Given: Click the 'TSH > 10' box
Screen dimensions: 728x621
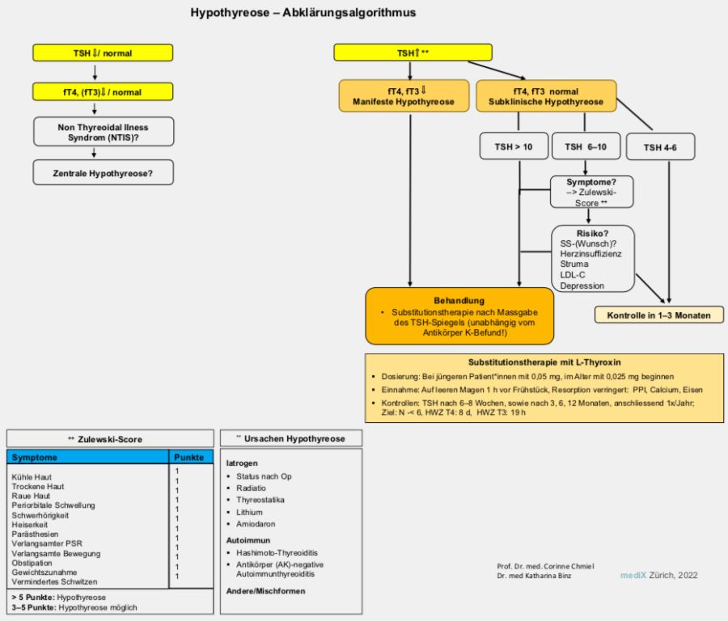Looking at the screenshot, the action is click(514, 146).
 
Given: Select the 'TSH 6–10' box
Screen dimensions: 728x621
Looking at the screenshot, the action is click(586, 146).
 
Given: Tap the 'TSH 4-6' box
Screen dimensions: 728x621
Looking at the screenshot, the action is click(660, 147).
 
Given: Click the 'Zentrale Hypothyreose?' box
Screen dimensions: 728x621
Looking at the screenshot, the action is click(103, 173).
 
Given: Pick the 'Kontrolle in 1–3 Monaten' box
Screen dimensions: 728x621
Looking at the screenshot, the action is click(658, 315).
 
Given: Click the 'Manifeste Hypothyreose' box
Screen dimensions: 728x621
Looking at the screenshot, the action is click(404, 96).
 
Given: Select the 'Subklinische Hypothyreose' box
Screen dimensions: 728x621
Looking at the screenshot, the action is click(546, 96).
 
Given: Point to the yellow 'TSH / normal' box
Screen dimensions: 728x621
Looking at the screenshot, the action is click(103, 53).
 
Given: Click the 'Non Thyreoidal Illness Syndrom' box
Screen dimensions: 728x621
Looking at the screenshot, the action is click(103, 132).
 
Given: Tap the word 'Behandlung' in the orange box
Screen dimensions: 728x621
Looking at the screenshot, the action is click(459, 300).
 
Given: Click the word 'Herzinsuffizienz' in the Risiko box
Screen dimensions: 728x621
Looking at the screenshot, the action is click(590, 254).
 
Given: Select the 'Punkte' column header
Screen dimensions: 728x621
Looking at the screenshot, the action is click(189, 457).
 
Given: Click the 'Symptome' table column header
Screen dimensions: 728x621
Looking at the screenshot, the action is click(34, 457).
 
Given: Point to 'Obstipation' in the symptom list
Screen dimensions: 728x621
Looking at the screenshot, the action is click(32, 563).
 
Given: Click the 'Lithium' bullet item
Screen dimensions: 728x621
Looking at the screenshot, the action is click(249, 512).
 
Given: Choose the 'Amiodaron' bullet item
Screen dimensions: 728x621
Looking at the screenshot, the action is click(256, 523).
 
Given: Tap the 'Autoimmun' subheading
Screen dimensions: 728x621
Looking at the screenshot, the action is click(248, 540).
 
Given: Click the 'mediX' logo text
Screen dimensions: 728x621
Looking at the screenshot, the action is click(633, 575).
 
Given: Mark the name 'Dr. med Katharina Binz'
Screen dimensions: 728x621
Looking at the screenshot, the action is click(534, 576).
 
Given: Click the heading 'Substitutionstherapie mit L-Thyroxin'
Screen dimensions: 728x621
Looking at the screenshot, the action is click(544, 362).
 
